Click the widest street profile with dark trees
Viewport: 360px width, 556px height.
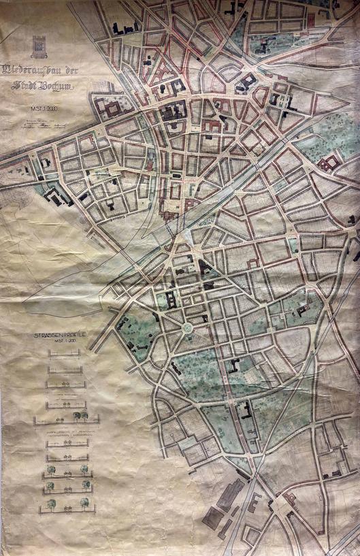(66, 419)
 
